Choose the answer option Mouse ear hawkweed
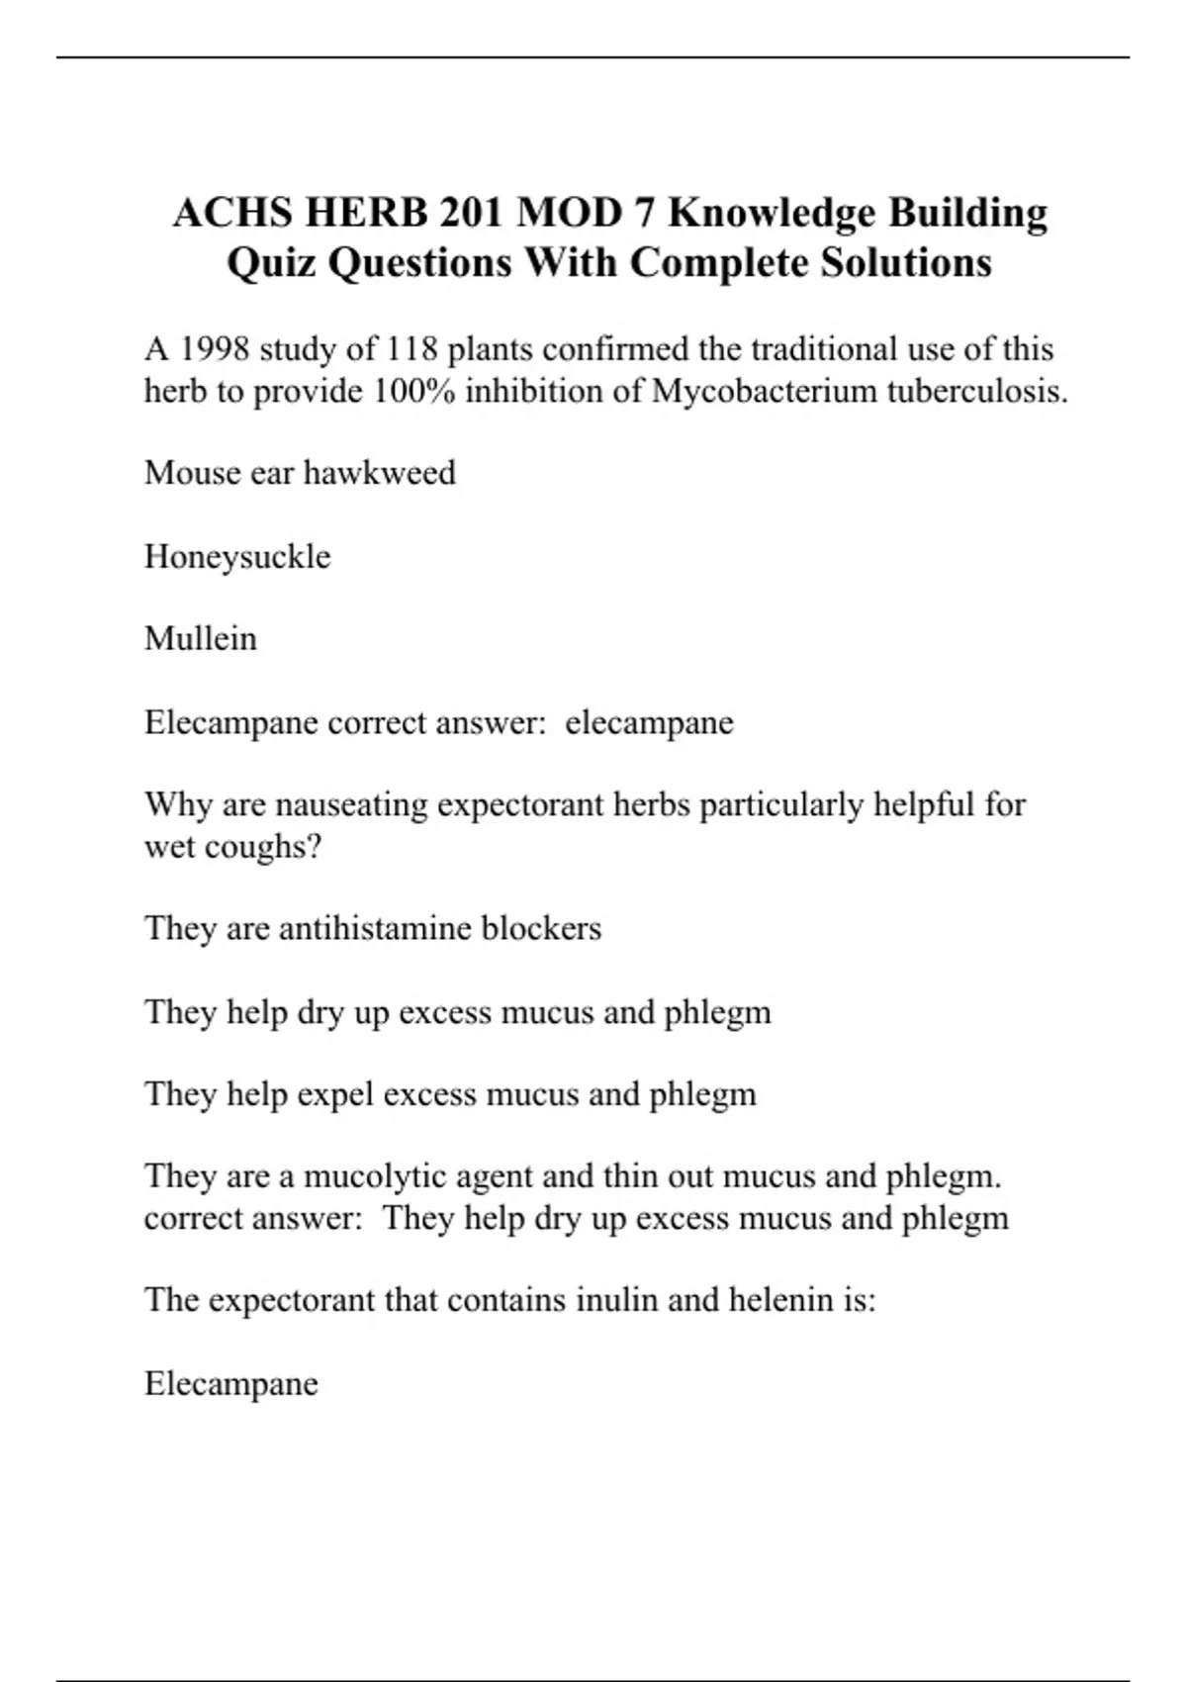tap(300, 473)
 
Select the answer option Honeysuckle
tap(237, 556)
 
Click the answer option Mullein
tap(201, 638)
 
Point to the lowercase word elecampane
tap(649, 722)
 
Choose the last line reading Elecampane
tap(231, 1383)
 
